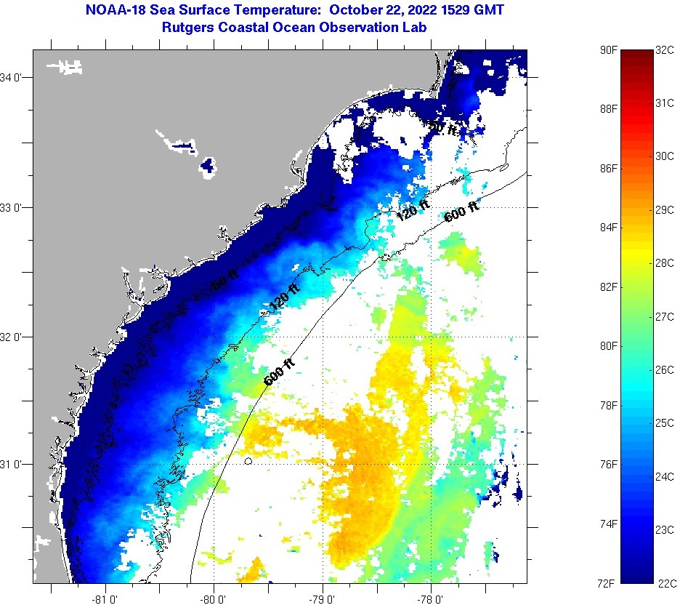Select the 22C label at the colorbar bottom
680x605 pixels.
coord(666,582)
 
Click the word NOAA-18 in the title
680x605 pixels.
coord(114,11)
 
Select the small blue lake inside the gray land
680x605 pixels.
coord(209,167)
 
